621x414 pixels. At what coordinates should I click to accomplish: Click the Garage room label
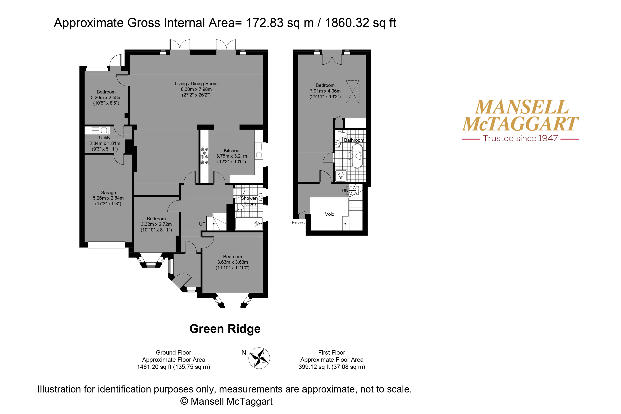(x=108, y=193)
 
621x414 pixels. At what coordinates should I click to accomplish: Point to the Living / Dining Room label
(x=196, y=83)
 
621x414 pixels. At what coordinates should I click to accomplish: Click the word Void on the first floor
(x=330, y=214)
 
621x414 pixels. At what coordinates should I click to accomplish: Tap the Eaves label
(x=298, y=223)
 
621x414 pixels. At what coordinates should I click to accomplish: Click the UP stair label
(x=202, y=224)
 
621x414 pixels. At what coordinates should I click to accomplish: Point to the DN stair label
(x=345, y=190)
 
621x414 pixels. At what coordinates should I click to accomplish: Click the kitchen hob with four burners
(x=204, y=156)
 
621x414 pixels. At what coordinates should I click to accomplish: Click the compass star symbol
(x=259, y=358)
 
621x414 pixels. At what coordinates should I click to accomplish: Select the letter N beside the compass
(x=244, y=352)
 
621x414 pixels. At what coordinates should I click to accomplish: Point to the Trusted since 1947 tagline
(x=520, y=138)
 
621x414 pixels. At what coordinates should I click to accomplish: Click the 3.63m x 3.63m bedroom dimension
(x=233, y=262)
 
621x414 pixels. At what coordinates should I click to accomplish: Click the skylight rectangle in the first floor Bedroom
(x=352, y=92)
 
